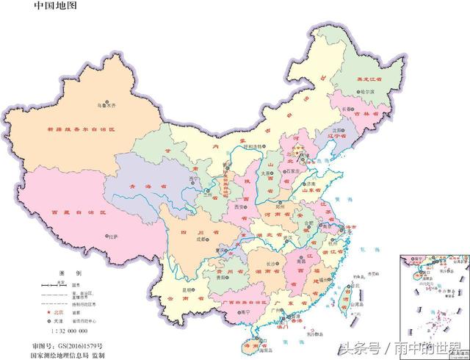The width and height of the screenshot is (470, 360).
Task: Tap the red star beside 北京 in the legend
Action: (x=44, y=312)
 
